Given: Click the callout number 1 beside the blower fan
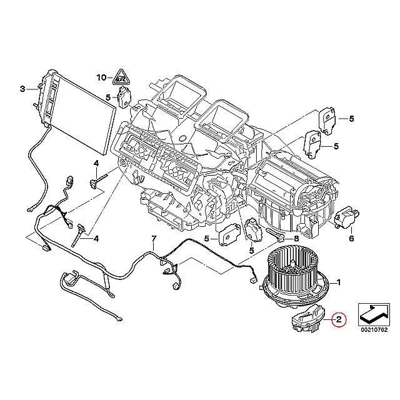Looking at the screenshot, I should [x=338, y=282].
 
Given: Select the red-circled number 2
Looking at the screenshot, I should [x=338, y=321].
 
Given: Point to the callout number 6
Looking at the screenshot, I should [x=351, y=239].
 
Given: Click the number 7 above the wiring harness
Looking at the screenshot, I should [x=153, y=239].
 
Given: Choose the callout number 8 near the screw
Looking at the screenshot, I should [x=296, y=239].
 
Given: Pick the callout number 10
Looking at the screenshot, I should [x=101, y=78].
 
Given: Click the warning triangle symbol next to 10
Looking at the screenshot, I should [x=120, y=78].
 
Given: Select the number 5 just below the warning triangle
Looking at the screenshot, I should [x=108, y=97].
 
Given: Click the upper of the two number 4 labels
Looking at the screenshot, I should [x=96, y=164].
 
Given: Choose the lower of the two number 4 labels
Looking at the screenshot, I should [x=96, y=238].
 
